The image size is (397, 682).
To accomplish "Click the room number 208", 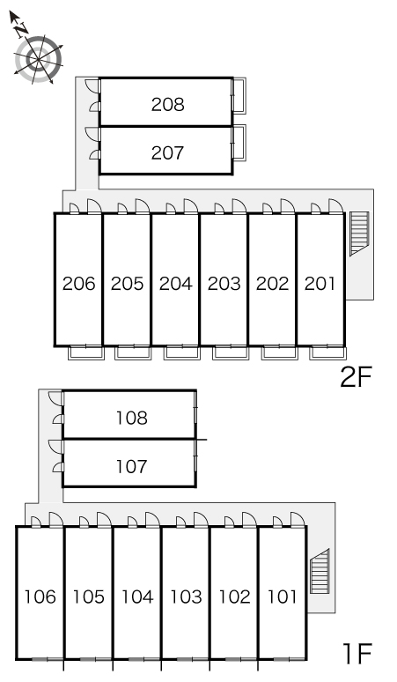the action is pyautogui.click(x=167, y=104).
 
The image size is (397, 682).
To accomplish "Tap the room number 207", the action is pyautogui.click(x=167, y=152).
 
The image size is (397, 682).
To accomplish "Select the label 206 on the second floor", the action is pyautogui.click(x=78, y=284).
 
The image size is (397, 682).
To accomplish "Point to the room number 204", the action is pyautogui.click(x=175, y=284).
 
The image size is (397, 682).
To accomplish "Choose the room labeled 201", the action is pyautogui.click(x=320, y=284).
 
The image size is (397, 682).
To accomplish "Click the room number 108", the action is pyautogui.click(x=132, y=418).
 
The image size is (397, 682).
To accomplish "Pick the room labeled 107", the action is pyautogui.click(x=132, y=467).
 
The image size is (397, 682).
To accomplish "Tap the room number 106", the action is pyautogui.click(x=40, y=597).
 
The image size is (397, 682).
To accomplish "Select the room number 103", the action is pyautogui.click(x=186, y=597).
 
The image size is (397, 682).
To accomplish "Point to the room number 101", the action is pyautogui.click(x=283, y=597).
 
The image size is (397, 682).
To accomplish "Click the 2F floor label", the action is pyautogui.click(x=357, y=377).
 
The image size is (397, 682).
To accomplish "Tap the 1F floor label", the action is pyautogui.click(x=357, y=654).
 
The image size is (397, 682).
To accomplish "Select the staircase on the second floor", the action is pyautogui.click(x=360, y=234).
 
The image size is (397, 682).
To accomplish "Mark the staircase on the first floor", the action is pyautogui.click(x=320, y=572).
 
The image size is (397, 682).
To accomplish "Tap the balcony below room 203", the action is pyautogui.click(x=231, y=352).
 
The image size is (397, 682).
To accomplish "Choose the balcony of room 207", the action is pyautogui.click(x=239, y=143).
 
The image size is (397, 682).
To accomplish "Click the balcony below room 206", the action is pyautogui.click(x=86, y=352).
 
